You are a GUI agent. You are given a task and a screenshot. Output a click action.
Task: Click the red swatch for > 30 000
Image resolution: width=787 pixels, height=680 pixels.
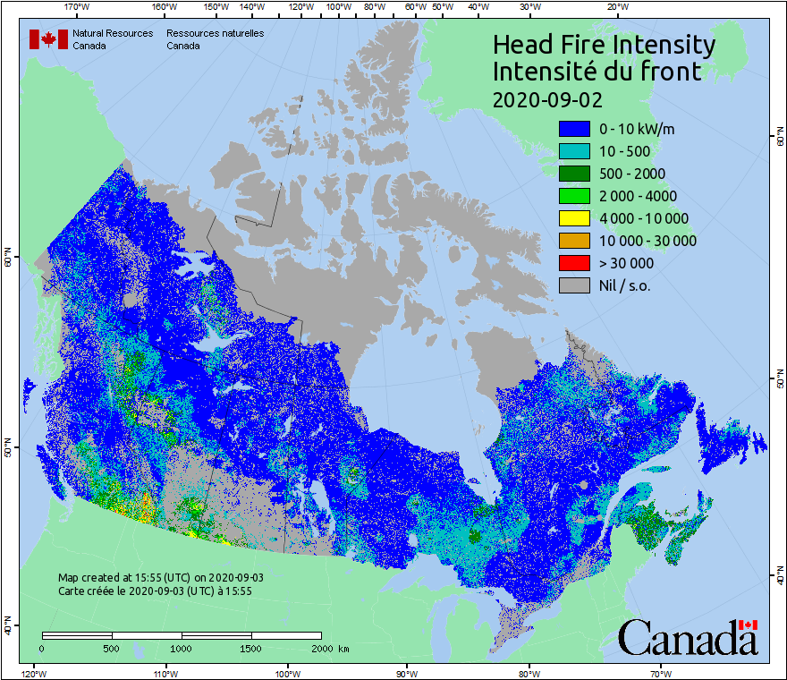574,263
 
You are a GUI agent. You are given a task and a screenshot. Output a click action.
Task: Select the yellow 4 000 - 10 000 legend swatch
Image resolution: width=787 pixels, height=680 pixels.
574,218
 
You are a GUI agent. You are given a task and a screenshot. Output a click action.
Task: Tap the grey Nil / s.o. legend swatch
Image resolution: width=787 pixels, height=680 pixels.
574,285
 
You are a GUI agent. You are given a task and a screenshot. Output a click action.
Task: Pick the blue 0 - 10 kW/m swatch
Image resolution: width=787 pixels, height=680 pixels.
574,129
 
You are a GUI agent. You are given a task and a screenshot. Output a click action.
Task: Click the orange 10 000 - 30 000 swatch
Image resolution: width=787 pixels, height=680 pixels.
574,241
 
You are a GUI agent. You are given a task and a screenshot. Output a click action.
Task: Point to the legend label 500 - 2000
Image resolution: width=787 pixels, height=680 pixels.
632,174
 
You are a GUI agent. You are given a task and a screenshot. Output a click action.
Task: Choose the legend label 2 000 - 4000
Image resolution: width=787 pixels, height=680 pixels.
638,196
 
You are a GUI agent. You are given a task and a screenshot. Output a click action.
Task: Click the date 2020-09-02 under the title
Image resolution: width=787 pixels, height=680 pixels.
547,98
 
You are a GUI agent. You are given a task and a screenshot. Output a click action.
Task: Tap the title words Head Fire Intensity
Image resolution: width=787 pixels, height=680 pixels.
604,45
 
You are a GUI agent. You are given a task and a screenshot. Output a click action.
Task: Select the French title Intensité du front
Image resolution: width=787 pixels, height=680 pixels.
597,72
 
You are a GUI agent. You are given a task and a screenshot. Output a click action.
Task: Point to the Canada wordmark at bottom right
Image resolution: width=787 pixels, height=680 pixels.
688,637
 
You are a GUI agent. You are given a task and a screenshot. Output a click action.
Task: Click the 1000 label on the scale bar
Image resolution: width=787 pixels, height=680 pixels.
182,648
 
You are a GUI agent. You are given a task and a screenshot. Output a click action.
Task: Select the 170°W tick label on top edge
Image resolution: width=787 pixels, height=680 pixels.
78,6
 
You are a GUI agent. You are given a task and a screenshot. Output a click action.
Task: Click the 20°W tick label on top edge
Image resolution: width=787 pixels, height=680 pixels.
616,6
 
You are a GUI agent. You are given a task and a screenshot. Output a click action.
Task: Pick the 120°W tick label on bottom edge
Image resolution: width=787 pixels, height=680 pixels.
33,673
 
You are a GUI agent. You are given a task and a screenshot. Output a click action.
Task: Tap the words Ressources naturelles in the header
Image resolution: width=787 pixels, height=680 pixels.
215,34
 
